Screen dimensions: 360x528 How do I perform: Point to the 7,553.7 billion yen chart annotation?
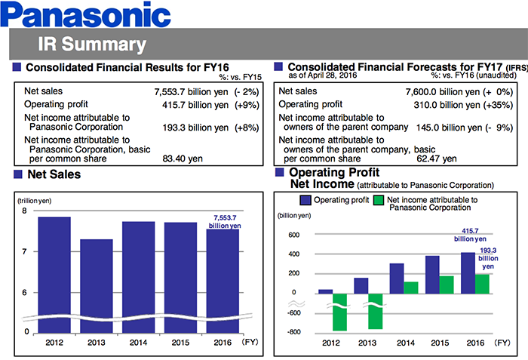(225, 222)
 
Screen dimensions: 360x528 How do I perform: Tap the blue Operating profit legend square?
(305, 200)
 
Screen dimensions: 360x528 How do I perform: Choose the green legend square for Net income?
(378, 200)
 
